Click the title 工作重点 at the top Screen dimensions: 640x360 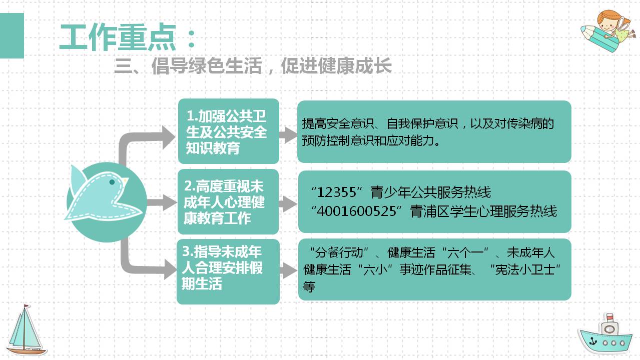(x=118, y=37)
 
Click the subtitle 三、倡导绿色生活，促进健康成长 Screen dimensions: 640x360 (x=253, y=66)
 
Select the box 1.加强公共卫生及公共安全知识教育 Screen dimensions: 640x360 (x=228, y=131)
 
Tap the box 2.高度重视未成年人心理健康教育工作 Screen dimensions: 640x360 (x=228, y=202)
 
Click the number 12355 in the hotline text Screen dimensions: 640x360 (x=339, y=192)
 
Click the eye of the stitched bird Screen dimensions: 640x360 (x=112, y=182)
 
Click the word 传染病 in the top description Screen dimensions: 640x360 (x=538, y=123)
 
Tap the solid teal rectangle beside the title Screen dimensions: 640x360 (x=12, y=35)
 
